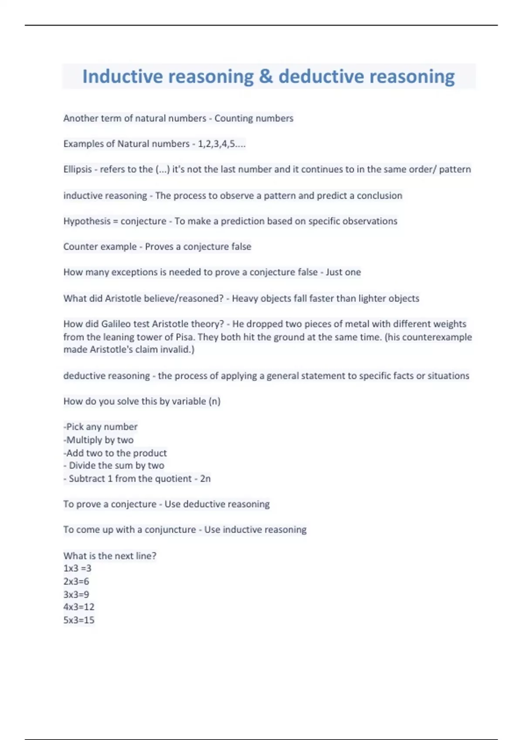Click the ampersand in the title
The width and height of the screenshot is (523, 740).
coord(266,77)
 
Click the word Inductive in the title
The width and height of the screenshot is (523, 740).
coord(122,77)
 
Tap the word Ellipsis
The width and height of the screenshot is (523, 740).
coord(78,169)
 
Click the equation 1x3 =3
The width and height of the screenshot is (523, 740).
coord(77,568)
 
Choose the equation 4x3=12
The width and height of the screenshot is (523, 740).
coord(78,607)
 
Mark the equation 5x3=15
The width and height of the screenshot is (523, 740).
coord(78,620)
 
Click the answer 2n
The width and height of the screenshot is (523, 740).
coord(205,478)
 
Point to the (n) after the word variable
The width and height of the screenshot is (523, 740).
coord(214,401)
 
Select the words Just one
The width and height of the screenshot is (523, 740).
coord(343,272)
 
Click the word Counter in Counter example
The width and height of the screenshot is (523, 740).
coord(78,247)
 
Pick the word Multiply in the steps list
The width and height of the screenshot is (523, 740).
coord(84,440)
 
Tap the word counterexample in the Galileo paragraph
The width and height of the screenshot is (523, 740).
coord(437,337)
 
